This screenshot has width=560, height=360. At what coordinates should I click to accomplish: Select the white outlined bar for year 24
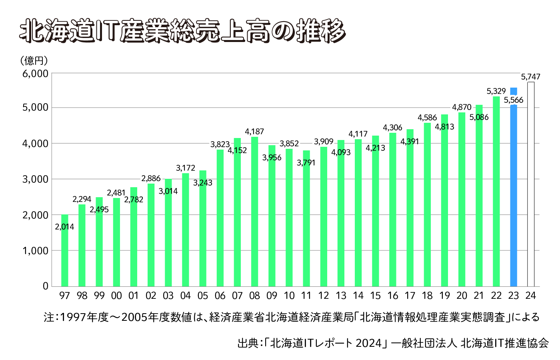(x=531, y=184)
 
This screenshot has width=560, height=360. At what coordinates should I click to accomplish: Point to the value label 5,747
(x=530, y=77)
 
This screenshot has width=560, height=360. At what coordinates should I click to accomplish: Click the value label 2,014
(x=64, y=227)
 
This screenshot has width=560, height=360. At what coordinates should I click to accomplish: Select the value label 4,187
(x=254, y=132)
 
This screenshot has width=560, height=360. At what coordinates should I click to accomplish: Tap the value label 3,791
(x=306, y=163)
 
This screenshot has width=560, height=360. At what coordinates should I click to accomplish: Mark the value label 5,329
(x=496, y=91)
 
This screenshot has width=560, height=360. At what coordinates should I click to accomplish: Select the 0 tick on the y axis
(x=45, y=286)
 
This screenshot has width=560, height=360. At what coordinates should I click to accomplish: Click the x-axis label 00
(x=116, y=296)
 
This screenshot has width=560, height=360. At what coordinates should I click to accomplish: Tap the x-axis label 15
(x=375, y=296)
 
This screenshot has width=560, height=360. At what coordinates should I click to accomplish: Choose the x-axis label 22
(x=496, y=296)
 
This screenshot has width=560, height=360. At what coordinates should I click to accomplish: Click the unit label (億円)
(x=34, y=60)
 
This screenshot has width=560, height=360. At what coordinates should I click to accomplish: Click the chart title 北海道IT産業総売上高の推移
(x=182, y=30)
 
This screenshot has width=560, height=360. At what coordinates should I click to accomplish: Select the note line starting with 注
(x=292, y=317)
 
